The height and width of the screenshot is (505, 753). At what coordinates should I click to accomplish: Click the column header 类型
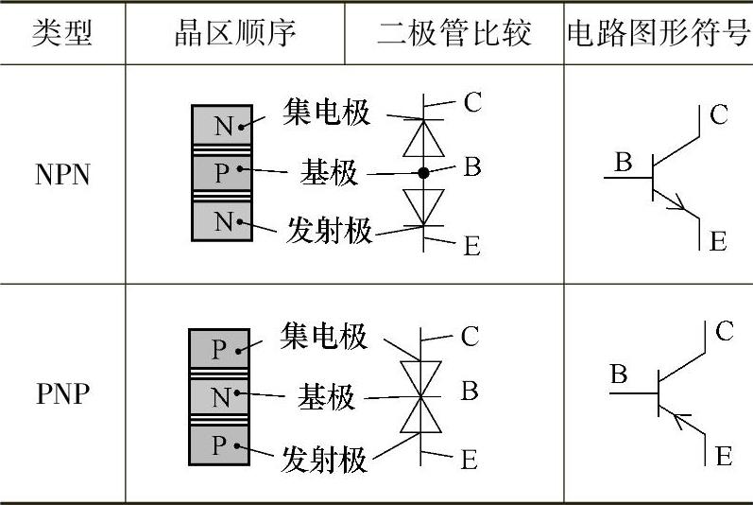coord(62,33)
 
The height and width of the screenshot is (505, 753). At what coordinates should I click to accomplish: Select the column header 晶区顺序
coord(235,33)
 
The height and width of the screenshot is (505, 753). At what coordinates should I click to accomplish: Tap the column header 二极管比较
coord(454,33)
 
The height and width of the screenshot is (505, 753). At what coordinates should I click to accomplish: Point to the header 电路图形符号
coord(658,33)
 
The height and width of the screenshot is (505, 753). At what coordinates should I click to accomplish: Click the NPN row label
coord(62,175)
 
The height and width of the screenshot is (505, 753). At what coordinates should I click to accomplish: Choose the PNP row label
coord(62,393)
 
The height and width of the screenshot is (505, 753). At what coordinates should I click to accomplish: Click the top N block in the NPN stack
coord(221,126)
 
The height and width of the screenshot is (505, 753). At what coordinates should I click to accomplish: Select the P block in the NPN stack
coord(221,172)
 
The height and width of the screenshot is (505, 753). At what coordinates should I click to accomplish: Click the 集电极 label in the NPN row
coord(327,113)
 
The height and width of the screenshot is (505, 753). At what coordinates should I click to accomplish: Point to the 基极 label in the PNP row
coord(327,396)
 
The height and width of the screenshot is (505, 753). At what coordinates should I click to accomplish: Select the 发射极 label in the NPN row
coord(330,230)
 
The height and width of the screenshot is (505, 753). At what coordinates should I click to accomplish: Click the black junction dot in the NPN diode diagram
coord(423,173)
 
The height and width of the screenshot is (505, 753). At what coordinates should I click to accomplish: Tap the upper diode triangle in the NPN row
coord(423,138)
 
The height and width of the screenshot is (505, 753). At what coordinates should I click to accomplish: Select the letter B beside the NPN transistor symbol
coord(623,162)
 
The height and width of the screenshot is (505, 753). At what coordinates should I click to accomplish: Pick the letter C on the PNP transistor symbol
coord(724,331)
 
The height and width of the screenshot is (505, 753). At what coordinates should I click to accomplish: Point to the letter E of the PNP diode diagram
coord(469,461)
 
